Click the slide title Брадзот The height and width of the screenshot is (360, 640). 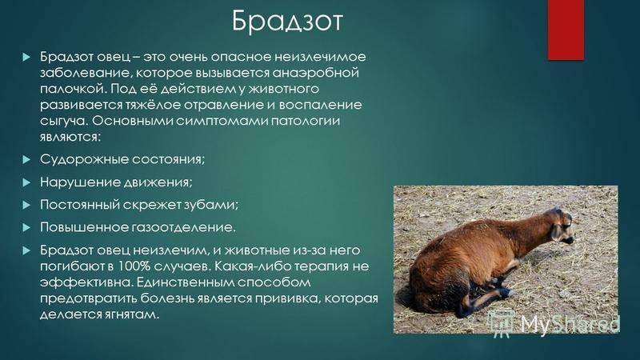coord(287,22)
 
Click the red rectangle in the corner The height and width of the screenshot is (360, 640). coord(566,30)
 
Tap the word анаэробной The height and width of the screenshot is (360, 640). coord(315,73)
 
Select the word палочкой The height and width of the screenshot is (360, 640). coord(73,89)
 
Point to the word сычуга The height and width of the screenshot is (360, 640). coord(63,122)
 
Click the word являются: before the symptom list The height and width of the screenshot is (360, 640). coord(70,137)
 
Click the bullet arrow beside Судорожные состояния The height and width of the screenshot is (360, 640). coord(26,159)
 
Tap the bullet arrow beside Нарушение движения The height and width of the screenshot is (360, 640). coord(26,182)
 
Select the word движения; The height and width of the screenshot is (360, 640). coord(152,182)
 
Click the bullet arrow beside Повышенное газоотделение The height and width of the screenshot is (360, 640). coord(26,227)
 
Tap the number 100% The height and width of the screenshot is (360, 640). coord(134,266)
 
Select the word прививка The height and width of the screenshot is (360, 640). coord(287,298)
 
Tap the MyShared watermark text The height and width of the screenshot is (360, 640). coord(570,324)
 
